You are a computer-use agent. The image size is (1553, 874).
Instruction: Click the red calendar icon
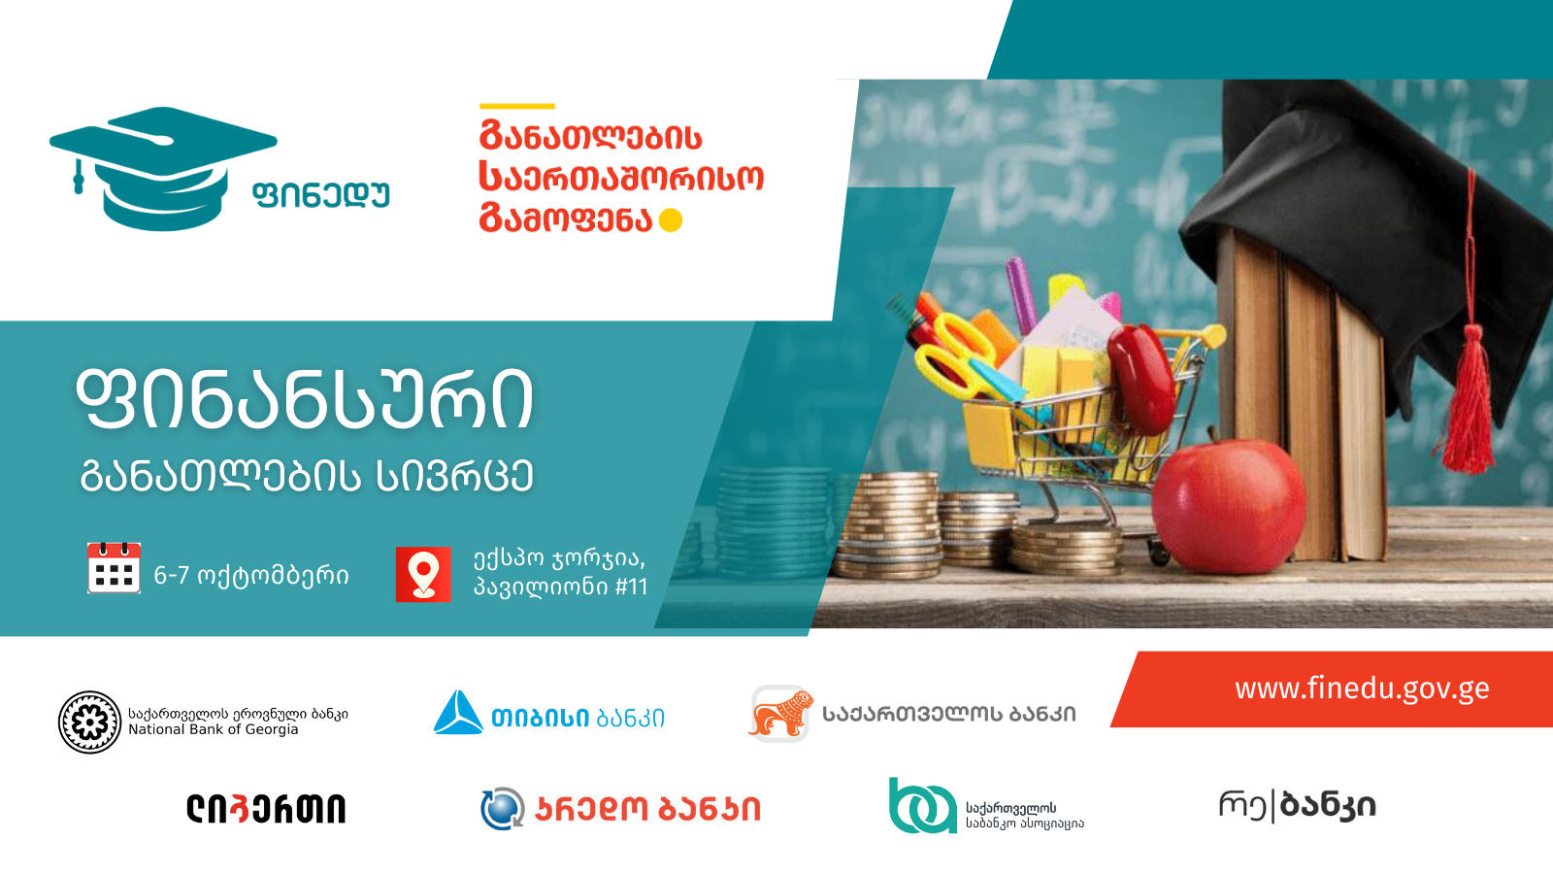pyautogui.click(x=114, y=568)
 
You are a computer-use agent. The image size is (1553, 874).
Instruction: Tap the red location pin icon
pyautogui.click(x=423, y=574)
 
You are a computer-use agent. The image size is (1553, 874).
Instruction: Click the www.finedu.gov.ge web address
pyautogui.click(x=1362, y=689)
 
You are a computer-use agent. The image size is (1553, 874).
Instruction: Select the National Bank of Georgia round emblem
pyautogui.click(x=89, y=723)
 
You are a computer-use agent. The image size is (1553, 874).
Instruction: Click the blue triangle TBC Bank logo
pyautogui.click(x=458, y=713)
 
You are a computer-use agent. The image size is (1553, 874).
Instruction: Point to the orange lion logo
pyautogui.click(x=781, y=714)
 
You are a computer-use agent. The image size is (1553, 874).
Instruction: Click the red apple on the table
pyautogui.click(x=1229, y=504)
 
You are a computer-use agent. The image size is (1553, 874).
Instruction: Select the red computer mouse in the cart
pyautogui.click(x=1141, y=379)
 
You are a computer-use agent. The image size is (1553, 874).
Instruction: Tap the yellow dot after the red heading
pyautogui.click(x=671, y=220)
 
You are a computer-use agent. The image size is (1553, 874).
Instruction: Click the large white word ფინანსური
pyautogui.click(x=305, y=400)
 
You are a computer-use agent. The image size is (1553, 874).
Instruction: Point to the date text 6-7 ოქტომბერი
pyautogui.click(x=251, y=576)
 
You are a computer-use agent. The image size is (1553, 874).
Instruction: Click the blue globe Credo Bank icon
pyautogui.click(x=503, y=809)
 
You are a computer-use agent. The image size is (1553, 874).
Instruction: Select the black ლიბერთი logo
pyautogui.click(x=266, y=809)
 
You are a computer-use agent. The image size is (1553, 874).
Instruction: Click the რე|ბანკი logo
pyautogui.click(x=1297, y=806)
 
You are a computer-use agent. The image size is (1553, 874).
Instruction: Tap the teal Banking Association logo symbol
pyautogui.click(x=923, y=805)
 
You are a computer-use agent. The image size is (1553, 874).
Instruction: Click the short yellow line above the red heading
pyautogui.click(x=517, y=106)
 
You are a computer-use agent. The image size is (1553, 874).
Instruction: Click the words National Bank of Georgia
pyautogui.click(x=214, y=729)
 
